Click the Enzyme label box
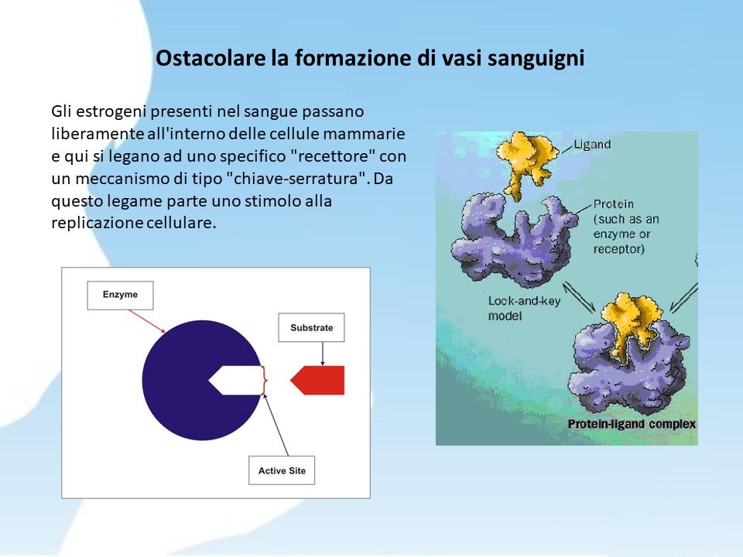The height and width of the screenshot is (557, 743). [x=121, y=295]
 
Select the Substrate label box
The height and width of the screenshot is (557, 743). [x=311, y=327]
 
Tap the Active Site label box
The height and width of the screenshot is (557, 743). [x=282, y=470]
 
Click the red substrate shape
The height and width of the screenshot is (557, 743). [x=318, y=381]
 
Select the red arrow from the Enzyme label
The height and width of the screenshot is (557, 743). [x=147, y=321]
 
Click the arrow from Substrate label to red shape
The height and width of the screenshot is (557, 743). [x=323, y=354]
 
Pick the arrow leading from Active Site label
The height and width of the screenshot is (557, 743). [x=276, y=425]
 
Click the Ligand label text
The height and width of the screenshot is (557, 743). [x=592, y=145]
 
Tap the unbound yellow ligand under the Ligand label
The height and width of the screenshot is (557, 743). [x=526, y=163]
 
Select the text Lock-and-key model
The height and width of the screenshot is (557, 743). [x=524, y=309]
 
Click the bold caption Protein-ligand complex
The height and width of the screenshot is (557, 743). [x=632, y=424]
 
